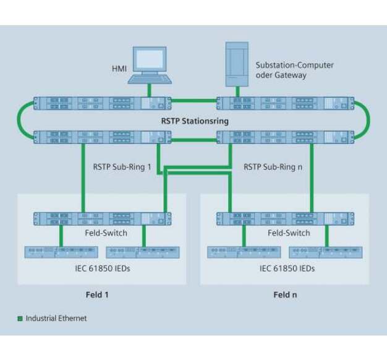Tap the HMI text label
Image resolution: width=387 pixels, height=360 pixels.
click(119, 68)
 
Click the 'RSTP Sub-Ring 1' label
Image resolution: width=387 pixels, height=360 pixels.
click(122, 166)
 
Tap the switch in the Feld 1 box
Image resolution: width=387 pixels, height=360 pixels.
click(102, 218)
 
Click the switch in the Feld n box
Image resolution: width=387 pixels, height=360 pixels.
click(285, 218)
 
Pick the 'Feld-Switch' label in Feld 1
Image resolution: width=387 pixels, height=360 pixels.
click(106, 233)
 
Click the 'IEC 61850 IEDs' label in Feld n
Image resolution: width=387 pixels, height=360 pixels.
click(287, 268)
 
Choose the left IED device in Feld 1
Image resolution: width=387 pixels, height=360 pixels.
click(61, 252)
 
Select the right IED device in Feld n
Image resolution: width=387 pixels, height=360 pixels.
click(325, 252)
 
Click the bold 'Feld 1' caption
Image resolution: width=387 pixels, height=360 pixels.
click(98, 294)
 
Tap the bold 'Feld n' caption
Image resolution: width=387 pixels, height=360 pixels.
click(285, 294)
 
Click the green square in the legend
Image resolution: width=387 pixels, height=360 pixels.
click(20, 319)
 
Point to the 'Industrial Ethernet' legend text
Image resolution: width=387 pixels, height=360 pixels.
click(56, 319)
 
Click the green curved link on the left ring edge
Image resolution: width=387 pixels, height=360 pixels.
click(22, 119)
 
